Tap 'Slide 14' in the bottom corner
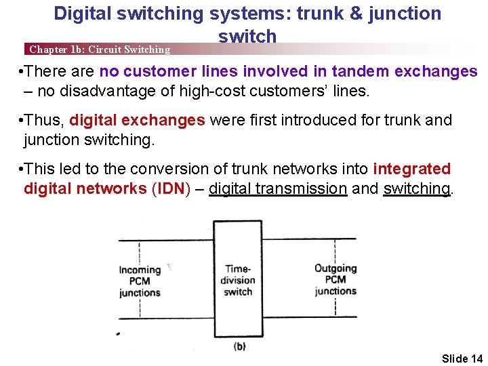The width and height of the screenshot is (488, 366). tap(462, 358)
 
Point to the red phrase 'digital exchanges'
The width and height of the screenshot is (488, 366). tap(137, 121)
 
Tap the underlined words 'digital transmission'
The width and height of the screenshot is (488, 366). tap(278, 188)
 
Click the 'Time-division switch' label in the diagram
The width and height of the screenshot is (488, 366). tap(238, 280)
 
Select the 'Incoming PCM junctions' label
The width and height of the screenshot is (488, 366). tap(140, 281)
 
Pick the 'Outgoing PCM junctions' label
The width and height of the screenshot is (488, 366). tap(335, 279)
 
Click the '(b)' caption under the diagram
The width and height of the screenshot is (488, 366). tap(239, 346)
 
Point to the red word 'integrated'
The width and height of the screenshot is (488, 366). tap(411, 169)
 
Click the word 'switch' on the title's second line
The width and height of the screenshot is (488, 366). tap(247, 36)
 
